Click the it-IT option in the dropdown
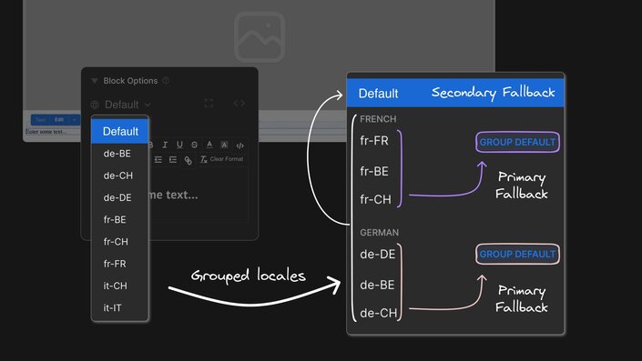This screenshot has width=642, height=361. click(113, 307)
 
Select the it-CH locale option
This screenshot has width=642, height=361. click(115, 286)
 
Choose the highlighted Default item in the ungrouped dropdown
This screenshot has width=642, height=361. click(120, 132)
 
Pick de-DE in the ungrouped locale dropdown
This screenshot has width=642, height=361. click(117, 197)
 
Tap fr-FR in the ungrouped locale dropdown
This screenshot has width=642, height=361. click(115, 264)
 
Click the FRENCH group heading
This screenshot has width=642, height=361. click(378, 119)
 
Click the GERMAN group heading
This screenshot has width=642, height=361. click(379, 233)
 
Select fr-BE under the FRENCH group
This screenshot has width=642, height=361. click(375, 171)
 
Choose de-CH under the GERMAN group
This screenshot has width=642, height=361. click(377, 313)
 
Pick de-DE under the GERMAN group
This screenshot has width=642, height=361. click(377, 256)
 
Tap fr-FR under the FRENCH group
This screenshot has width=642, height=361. click(375, 142)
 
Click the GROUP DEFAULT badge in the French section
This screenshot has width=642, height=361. click(516, 143)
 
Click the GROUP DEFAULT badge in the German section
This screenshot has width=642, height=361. click(517, 255)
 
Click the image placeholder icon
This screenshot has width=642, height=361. click(260, 37)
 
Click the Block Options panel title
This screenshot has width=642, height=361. click(131, 81)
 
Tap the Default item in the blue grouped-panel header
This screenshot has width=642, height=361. click(378, 93)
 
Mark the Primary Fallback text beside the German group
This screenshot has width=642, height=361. click(522, 299)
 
